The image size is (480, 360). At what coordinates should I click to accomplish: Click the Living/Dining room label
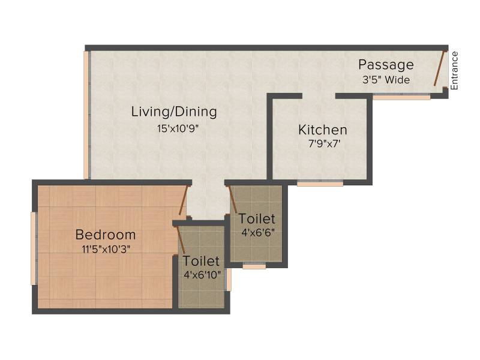(x=174, y=112)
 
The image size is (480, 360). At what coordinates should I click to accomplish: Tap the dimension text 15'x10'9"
(x=178, y=128)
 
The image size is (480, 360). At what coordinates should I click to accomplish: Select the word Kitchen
(x=323, y=130)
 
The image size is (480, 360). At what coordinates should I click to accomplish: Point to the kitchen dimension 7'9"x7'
(x=324, y=143)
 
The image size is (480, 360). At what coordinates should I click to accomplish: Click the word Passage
(x=386, y=65)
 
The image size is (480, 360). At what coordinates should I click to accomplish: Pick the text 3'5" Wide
(x=386, y=80)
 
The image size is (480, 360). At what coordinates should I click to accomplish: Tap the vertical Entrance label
(x=454, y=70)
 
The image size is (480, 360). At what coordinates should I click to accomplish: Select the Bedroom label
(x=106, y=235)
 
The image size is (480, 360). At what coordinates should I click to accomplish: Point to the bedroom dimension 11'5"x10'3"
(x=106, y=250)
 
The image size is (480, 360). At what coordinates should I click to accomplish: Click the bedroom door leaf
(x=183, y=200)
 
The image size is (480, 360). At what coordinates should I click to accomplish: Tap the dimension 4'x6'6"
(x=258, y=233)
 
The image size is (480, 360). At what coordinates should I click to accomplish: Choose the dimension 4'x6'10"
(x=202, y=275)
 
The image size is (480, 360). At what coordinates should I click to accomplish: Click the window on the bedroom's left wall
(x=34, y=248)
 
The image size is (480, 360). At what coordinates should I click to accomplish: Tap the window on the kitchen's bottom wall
(x=320, y=184)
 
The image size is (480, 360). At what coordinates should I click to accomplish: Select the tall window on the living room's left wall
(x=87, y=115)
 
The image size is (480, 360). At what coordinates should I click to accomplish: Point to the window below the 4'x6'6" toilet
(x=254, y=266)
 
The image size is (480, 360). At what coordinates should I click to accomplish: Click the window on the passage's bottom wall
(x=401, y=97)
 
